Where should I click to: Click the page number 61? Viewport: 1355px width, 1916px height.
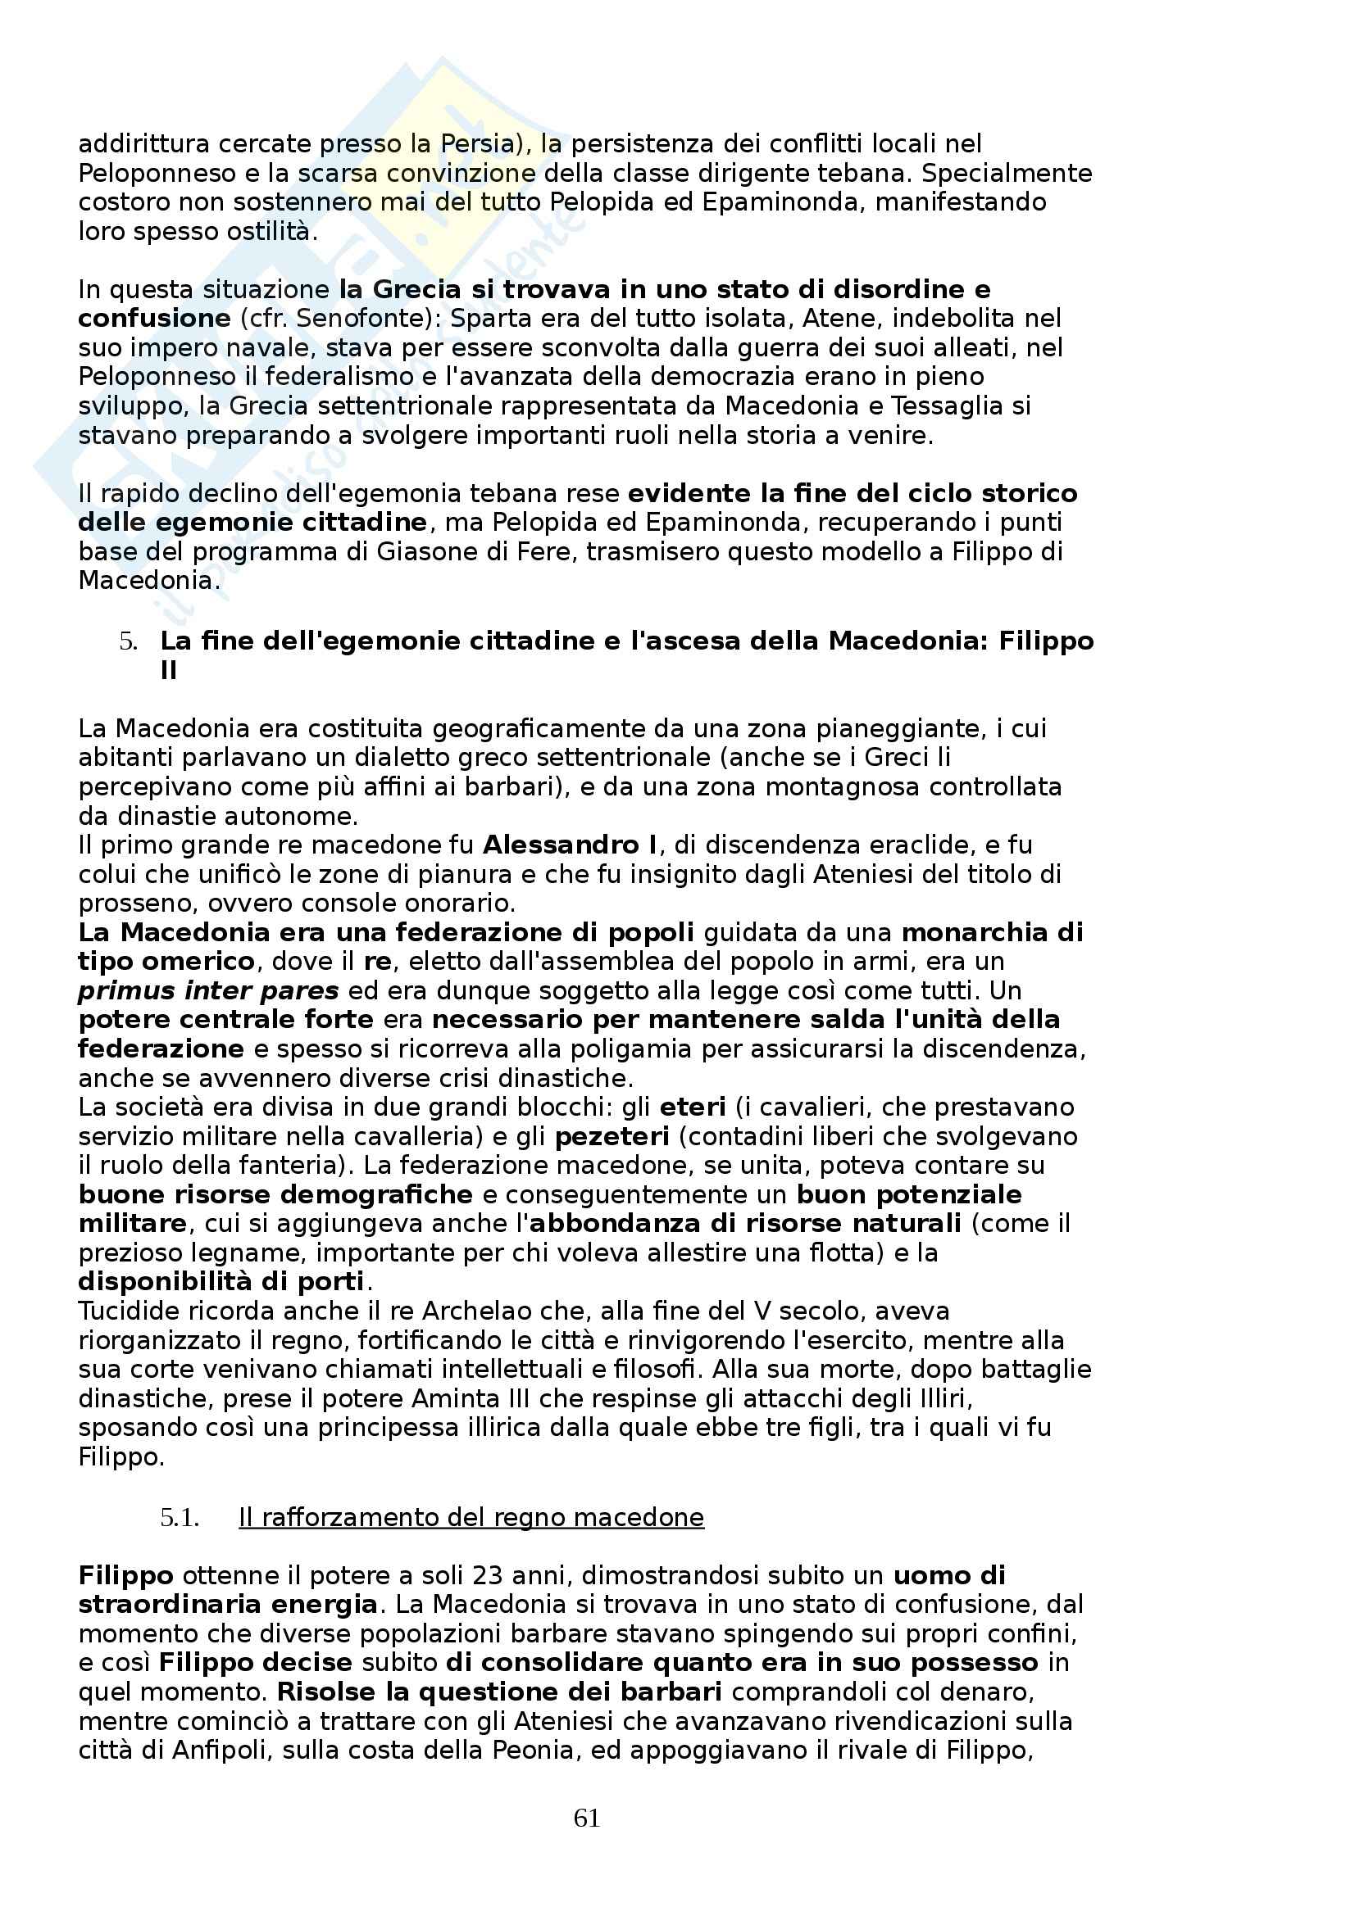pos(587,1818)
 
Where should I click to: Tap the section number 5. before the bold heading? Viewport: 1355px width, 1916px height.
pos(128,641)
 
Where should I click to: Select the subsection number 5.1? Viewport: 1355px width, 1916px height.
pos(179,1517)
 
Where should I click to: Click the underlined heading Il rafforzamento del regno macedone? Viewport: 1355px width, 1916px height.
pos(471,1517)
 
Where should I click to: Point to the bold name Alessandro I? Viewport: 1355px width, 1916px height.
pos(571,845)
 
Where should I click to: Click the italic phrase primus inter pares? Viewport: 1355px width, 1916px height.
pos(208,991)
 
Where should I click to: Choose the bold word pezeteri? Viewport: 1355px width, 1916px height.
pos(612,1137)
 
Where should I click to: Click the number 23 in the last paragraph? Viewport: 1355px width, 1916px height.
pos(489,1575)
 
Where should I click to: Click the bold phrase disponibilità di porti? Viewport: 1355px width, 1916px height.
pos(221,1282)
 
